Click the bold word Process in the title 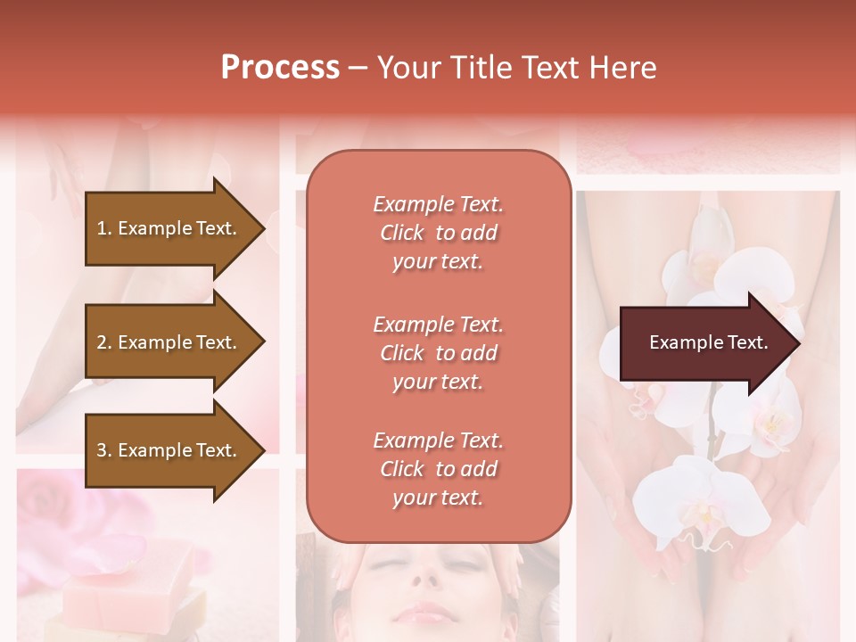pyautogui.click(x=280, y=68)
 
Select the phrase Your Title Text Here pyautogui.click(x=516, y=68)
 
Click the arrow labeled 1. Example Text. pyautogui.click(x=169, y=228)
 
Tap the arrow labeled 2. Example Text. pyautogui.click(x=169, y=342)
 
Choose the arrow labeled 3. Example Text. pyautogui.click(x=169, y=451)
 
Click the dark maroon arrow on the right pyautogui.click(x=704, y=343)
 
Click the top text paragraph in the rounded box pyautogui.click(x=438, y=233)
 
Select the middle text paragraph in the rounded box pyautogui.click(x=438, y=353)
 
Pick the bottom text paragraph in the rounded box pyautogui.click(x=438, y=469)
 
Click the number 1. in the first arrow pyautogui.click(x=104, y=228)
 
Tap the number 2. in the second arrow pyautogui.click(x=104, y=342)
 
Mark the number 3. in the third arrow pyautogui.click(x=104, y=451)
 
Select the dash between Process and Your pyautogui.click(x=358, y=68)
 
